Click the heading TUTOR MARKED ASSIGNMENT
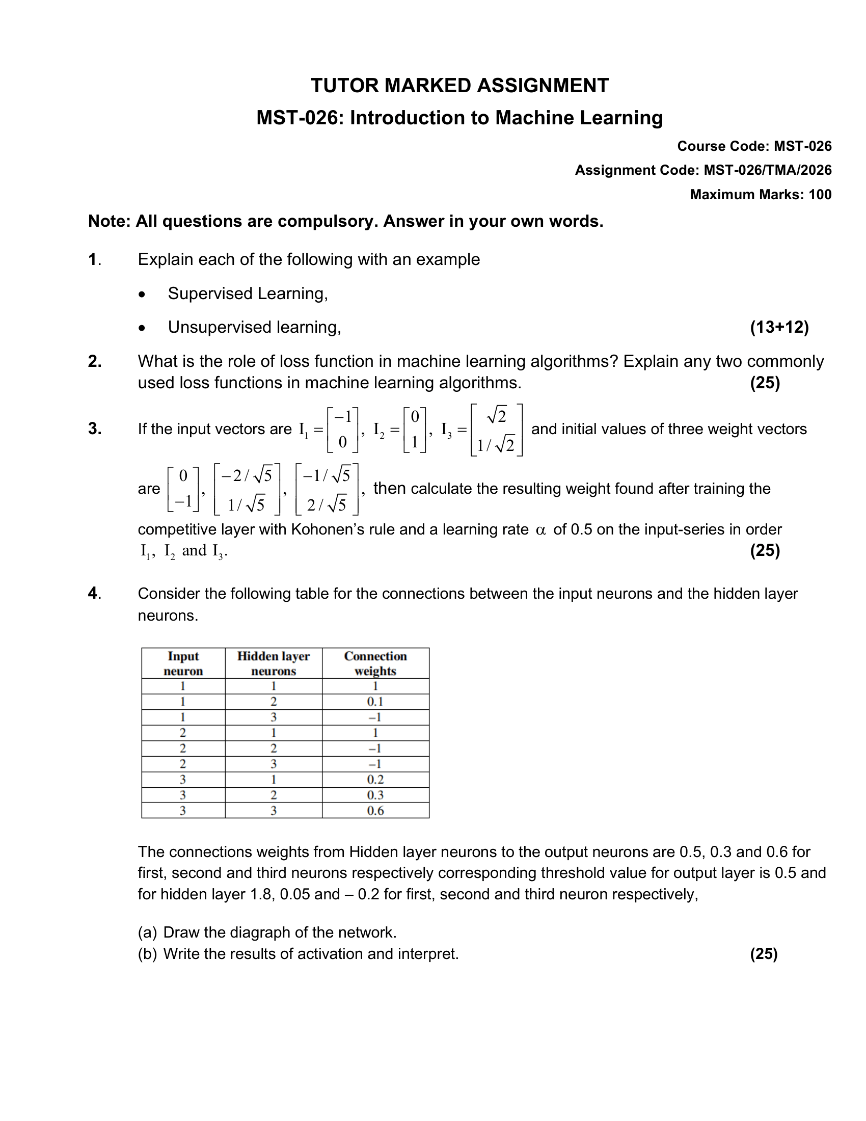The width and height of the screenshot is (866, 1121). click(459, 86)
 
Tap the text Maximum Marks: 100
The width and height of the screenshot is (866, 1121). click(761, 195)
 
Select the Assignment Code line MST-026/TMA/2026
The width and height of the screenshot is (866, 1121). click(703, 170)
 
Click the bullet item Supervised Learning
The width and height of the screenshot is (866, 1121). click(247, 293)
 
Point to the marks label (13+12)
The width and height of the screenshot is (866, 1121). click(779, 327)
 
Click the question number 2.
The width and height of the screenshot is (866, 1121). click(94, 361)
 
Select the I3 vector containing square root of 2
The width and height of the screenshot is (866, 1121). click(496, 430)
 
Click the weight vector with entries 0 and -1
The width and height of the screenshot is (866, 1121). click(183, 489)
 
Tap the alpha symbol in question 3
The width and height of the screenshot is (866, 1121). click(540, 530)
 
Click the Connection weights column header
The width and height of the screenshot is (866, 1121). click(375, 663)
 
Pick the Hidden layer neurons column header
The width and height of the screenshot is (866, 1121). click(274, 663)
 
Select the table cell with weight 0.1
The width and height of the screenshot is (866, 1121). click(375, 702)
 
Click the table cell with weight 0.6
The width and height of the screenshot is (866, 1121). click(375, 811)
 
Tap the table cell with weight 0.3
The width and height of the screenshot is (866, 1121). click(375, 795)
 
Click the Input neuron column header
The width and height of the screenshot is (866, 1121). click(183, 663)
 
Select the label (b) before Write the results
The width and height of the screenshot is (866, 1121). click(147, 954)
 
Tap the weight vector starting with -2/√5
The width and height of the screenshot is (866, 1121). click(247, 489)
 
